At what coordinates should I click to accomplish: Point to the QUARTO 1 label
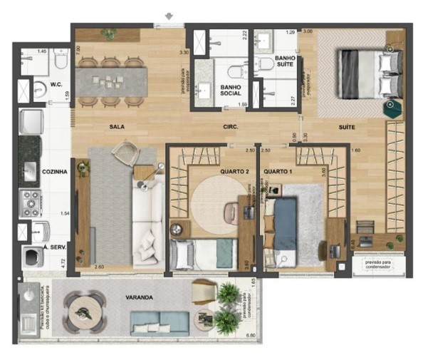point(276,172)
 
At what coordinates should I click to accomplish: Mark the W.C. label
point(57,83)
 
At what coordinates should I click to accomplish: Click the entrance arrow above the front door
point(169,15)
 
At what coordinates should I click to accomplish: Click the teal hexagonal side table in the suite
point(390,108)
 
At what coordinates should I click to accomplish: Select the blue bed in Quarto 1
point(286,222)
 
